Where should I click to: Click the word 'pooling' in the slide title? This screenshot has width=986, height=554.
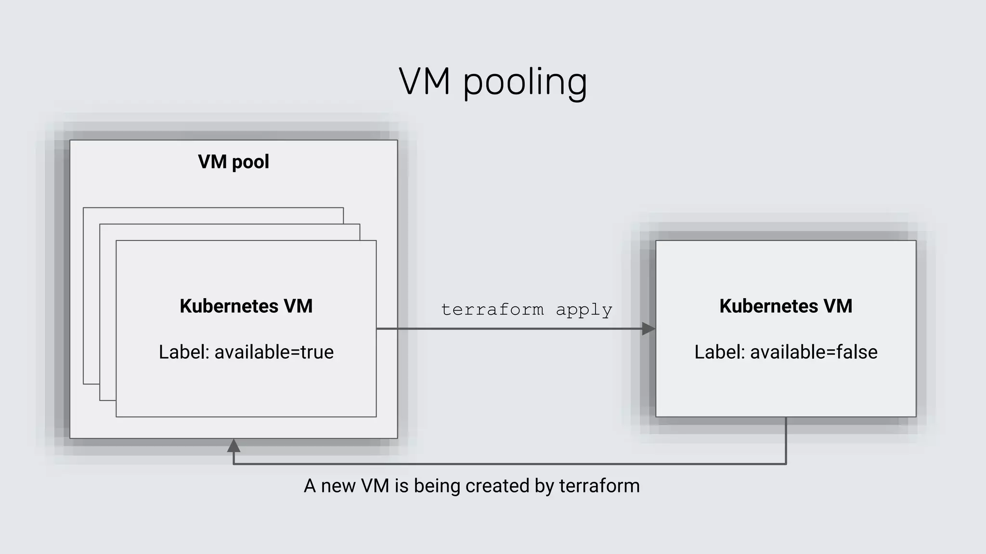click(525, 83)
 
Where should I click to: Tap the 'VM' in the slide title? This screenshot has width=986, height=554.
click(425, 82)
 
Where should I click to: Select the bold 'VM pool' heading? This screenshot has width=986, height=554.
click(234, 162)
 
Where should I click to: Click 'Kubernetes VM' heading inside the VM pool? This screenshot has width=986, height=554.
click(246, 306)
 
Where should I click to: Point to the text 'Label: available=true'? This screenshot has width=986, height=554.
click(246, 352)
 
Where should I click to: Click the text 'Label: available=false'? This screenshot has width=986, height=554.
click(786, 352)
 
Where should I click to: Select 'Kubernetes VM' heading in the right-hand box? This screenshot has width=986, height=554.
click(786, 306)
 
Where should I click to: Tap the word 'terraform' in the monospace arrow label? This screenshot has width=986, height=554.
click(493, 309)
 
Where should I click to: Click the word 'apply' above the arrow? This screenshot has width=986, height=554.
click(584, 310)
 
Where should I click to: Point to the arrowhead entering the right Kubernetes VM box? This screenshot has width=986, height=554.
click(649, 329)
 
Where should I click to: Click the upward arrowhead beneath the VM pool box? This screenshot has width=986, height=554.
click(234, 446)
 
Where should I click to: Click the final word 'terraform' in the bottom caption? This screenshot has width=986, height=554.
click(599, 486)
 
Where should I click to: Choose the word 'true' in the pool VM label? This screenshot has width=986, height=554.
click(317, 352)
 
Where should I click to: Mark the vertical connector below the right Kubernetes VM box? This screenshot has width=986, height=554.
click(786, 440)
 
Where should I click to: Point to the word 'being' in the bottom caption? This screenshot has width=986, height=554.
click(437, 486)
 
